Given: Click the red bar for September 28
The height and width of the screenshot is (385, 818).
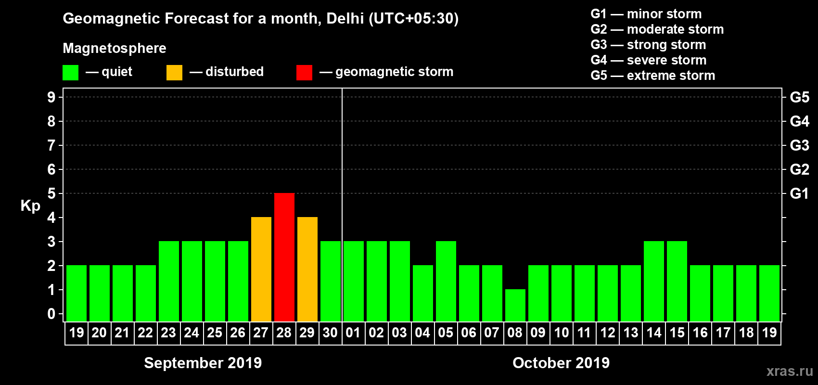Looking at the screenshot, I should click(284, 257).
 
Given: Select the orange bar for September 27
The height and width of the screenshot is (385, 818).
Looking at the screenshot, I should click(261, 269).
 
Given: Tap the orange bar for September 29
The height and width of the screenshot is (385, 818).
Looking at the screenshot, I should click(307, 269).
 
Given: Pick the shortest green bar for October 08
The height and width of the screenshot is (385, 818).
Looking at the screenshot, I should click(515, 305).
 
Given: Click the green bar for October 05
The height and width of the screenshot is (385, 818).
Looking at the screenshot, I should click(446, 281).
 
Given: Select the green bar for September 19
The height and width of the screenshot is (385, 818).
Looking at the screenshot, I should click(76, 293).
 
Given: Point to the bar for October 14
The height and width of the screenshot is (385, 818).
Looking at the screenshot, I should click(653, 281).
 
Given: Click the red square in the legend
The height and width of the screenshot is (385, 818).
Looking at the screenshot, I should click(304, 73).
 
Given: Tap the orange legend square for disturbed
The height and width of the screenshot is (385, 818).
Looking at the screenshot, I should click(174, 73).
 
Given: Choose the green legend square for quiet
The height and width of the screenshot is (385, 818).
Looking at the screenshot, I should click(70, 73).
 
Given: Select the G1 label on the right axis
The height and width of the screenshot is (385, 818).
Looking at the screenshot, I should click(799, 193).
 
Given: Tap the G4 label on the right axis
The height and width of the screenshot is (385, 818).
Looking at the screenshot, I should click(799, 121).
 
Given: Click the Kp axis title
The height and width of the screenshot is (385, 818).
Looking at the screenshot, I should click(30, 206).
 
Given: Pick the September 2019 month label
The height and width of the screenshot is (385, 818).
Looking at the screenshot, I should click(203, 363).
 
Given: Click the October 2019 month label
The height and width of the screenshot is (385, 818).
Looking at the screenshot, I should click(561, 363).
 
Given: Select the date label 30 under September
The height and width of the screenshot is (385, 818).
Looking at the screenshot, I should click(330, 333).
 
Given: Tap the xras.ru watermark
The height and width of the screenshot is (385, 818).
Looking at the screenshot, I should click(789, 371).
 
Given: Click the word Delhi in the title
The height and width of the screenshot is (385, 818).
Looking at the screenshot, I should click(345, 18).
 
